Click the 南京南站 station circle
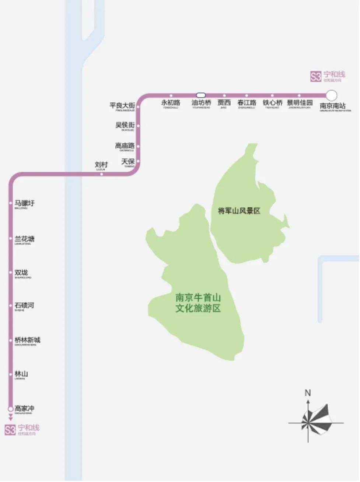click(x=331, y=95)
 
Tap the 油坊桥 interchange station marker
click(x=201, y=95)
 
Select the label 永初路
click(x=171, y=103)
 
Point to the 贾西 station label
click(x=224, y=103)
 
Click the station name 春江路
click(x=247, y=103)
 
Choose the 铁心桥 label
click(x=272, y=103)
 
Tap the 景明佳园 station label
click(x=300, y=103)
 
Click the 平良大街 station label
click(x=122, y=106)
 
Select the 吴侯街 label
click(x=125, y=125)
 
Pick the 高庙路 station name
click(x=125, y=146)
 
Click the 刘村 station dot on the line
click(x=102, y=174)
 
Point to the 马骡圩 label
click(x=24, y=203)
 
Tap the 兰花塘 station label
click(x=24, y=239)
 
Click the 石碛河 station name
click(x=24, y=305)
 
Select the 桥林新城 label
click(x=27, y=340)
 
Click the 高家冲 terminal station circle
click(x=11, y=409)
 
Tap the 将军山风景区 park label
click(x=239, y=211)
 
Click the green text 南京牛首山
click(x=198, y=298)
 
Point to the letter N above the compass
click(x=308, y=393)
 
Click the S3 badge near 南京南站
click(x=316, y=77)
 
